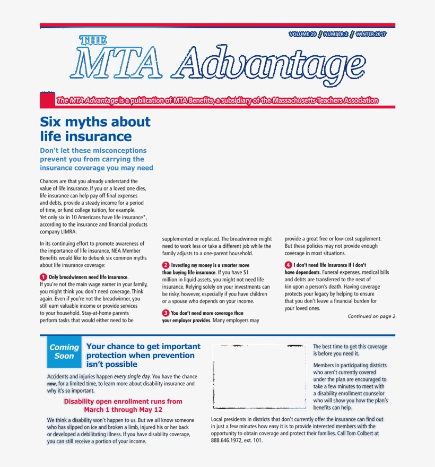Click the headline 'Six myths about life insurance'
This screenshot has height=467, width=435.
point(95,129)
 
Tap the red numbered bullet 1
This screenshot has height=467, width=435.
point(43,277)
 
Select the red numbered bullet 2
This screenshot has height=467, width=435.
point(166,265)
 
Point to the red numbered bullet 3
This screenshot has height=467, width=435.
point(166,313)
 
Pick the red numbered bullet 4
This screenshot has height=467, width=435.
point(288,265)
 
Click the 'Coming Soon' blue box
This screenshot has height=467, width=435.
point(64,351)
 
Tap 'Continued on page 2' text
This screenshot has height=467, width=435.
point(371,316)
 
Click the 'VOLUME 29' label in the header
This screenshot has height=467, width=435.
point(302,34)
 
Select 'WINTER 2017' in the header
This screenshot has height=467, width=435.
point(371,34)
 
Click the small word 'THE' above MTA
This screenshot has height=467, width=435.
point(93,40)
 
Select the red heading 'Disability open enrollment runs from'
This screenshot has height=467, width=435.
point(123,402)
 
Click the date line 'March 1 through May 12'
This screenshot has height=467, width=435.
point(123,410)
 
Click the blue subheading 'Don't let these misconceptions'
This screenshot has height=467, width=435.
point(93,151)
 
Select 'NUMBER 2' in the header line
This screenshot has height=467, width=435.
point(336,34)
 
